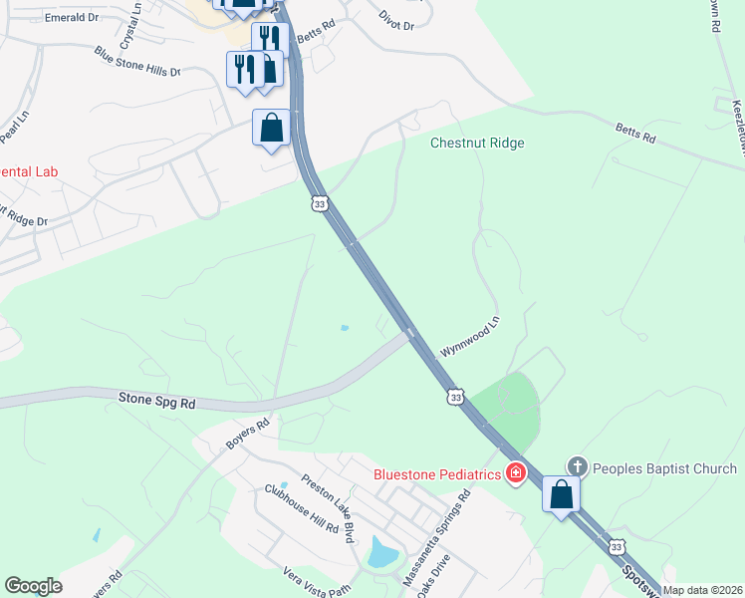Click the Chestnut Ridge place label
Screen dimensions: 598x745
(477, 143)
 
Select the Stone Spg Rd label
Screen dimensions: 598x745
(157, 401)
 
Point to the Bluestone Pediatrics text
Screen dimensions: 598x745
(437, 474)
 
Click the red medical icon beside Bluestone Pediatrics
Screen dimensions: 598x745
(515, 473)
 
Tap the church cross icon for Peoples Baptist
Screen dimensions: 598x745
(578, 466)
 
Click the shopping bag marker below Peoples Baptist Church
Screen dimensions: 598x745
(561, 494)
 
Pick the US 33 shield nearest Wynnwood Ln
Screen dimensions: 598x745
(455, 397)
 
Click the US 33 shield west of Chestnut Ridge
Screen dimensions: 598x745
(319, 203)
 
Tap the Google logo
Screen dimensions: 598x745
(33, 586)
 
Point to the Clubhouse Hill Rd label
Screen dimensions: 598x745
(301, 509)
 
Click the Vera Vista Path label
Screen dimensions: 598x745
(317, 581)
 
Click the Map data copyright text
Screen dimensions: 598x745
(703, 590)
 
